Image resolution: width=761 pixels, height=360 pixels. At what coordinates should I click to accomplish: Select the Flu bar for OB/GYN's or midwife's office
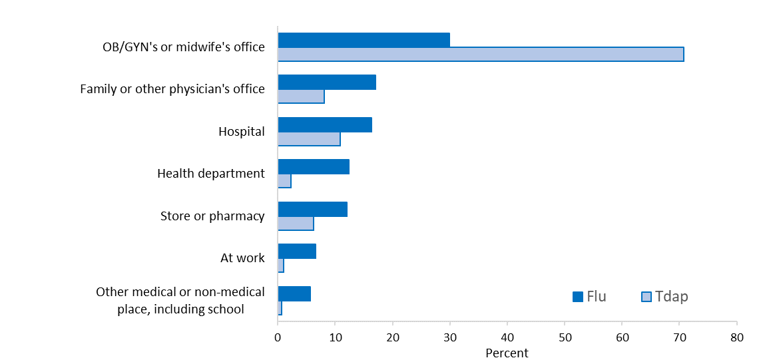[x=364, y=40]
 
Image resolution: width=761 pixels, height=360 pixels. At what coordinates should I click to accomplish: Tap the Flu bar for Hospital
[x=325, y=124]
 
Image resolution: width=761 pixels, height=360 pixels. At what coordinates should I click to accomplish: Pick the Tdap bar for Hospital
[x=309, y=139]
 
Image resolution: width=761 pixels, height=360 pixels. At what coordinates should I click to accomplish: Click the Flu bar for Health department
[x=314, y=166]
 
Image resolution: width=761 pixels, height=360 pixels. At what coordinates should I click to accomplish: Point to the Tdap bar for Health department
[x=284, y=181]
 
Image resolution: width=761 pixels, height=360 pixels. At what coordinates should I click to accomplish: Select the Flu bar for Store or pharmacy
[x=312, y=209]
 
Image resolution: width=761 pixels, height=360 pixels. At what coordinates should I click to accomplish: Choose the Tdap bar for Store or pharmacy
[x=296, y=224]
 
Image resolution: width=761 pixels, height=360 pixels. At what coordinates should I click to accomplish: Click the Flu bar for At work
[x=297, y=251]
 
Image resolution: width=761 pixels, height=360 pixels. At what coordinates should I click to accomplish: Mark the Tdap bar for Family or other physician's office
[x=301, y=96]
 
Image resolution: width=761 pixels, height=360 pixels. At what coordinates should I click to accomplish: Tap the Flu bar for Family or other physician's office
[x=327, y=82]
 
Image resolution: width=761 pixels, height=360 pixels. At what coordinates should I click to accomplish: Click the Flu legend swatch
[x=578, y=297]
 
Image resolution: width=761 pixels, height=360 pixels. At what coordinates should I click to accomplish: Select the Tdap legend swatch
[x=646, y=297]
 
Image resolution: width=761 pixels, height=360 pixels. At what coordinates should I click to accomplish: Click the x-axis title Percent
[x=507, y=353]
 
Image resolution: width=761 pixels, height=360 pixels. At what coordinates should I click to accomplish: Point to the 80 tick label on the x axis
[x=737, y=338]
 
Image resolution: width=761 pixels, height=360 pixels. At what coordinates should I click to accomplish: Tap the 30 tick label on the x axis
[x=450, y=338]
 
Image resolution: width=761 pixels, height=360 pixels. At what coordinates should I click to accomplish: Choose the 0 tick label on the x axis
[x=278, y=338]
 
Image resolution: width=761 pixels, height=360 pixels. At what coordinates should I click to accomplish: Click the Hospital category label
[x=242, y=132]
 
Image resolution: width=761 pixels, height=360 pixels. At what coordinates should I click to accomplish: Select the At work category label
[x=242, y=258]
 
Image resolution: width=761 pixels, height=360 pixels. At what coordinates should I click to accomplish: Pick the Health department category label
[x=211, y=174]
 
